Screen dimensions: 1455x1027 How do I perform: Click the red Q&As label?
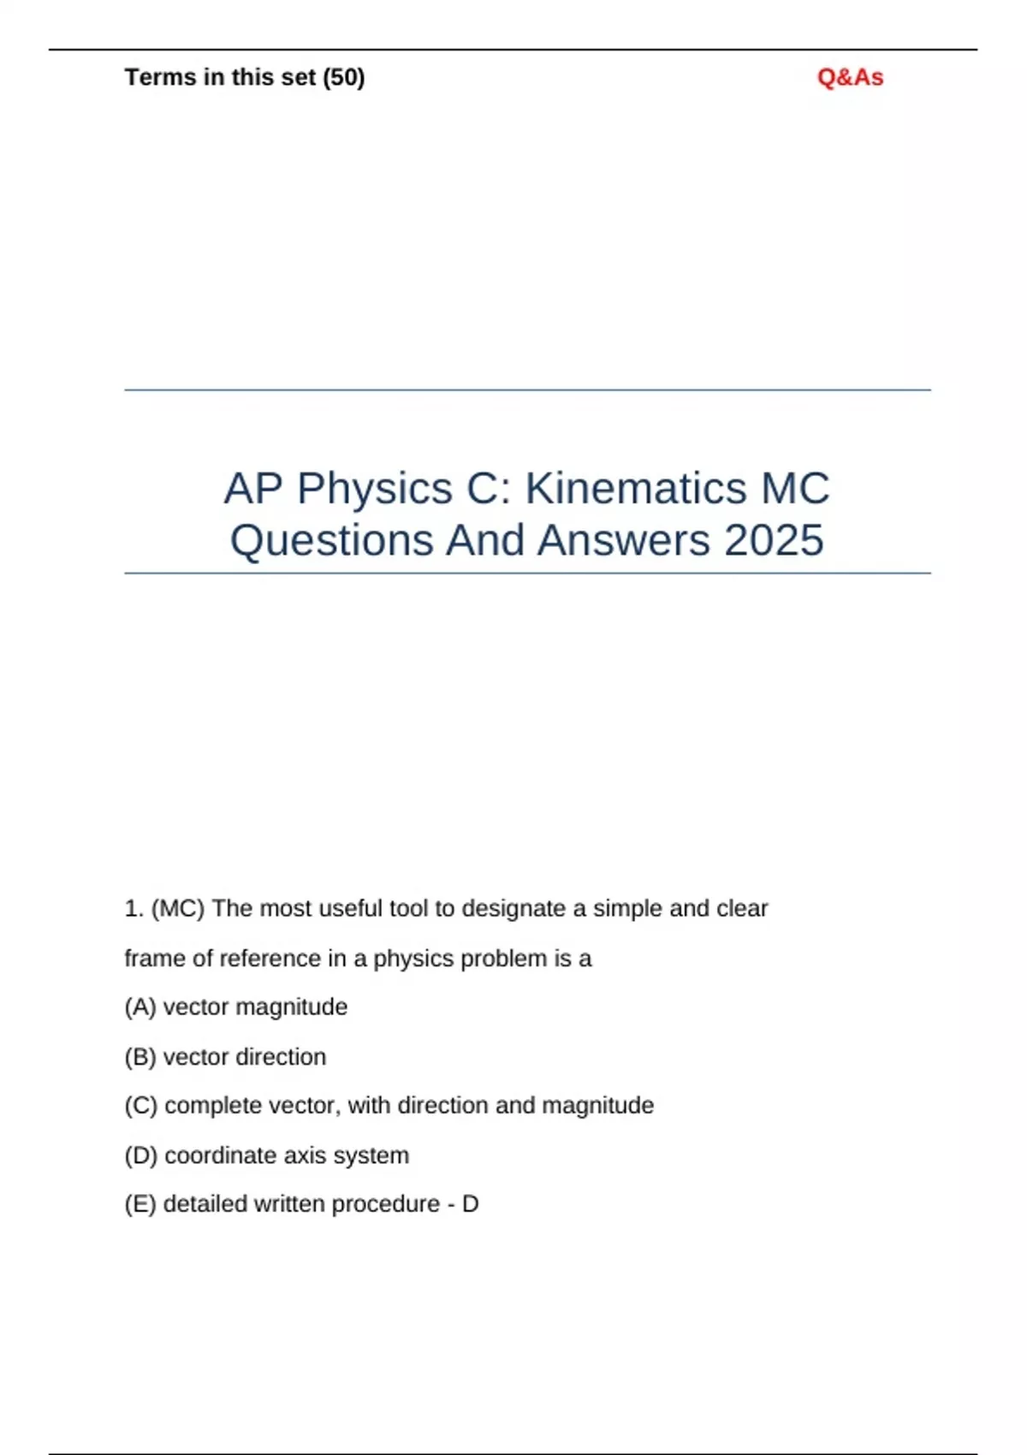pos(850,77)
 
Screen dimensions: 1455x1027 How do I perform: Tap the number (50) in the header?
pos(343,77)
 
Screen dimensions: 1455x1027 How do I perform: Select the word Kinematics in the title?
pos(635,489)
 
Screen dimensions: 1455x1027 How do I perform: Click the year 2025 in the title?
pos(774,540)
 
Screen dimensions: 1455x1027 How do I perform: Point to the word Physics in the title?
pos(375,489)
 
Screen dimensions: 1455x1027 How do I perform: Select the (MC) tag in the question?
pos(178,908)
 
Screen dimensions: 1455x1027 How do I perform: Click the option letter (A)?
pos(140,1007)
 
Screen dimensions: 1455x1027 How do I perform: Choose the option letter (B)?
pos(140,1057)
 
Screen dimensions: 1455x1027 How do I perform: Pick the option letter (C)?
pos(140,1106)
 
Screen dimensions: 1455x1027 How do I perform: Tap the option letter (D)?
pos(140,1155)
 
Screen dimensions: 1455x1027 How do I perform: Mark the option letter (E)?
pos(140,1204)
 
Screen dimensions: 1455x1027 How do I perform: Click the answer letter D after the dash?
pos(470,1204)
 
